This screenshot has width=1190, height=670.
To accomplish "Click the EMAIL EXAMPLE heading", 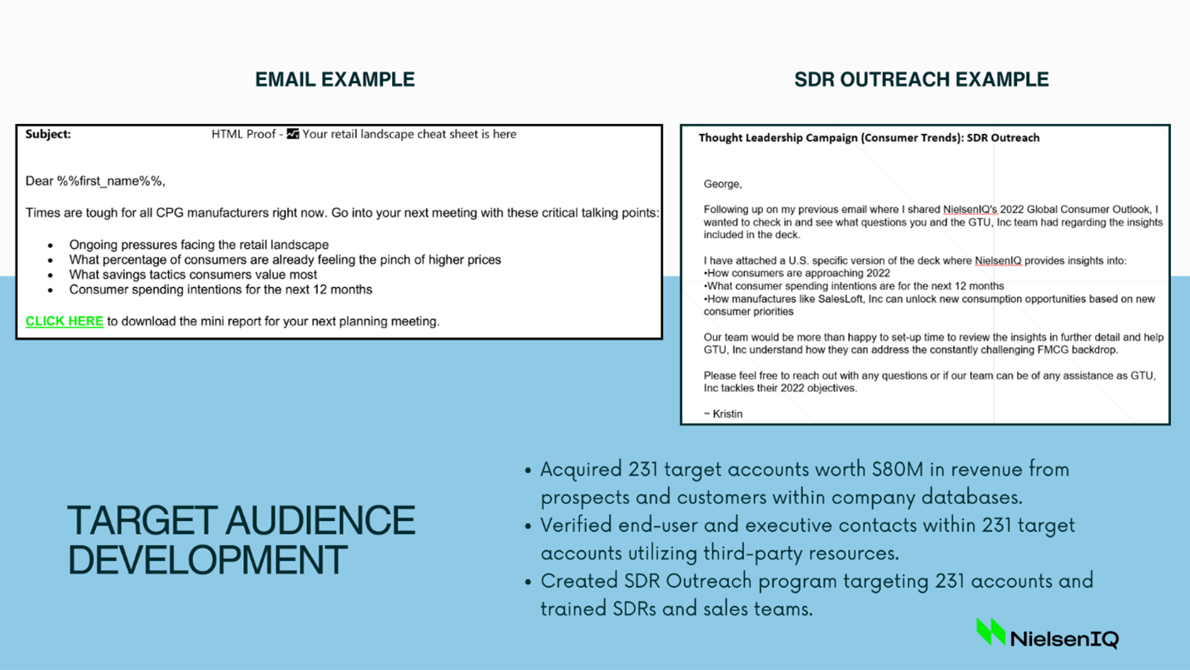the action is pos(335,80).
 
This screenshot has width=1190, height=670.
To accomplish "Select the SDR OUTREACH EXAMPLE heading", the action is pos(921,80).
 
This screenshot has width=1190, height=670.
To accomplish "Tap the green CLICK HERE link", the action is pos(64,321).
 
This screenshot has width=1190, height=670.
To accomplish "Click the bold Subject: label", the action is pos(47,134).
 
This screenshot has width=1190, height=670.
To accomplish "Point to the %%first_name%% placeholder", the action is pos(111,181).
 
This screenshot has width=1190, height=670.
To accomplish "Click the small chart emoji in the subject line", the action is pos(293,134).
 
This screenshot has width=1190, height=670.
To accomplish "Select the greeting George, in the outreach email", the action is pos(722,185).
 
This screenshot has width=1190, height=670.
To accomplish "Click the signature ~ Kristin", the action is pos(723,414).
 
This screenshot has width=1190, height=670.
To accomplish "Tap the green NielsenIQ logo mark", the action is pos(991,631).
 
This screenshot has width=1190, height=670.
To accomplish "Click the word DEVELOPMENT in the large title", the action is pos(208,560).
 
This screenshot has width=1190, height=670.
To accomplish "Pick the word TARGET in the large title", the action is pos(141,520).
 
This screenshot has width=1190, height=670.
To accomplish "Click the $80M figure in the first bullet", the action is pos(897,469).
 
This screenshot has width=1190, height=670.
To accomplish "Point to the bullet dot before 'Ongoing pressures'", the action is pos(51,246).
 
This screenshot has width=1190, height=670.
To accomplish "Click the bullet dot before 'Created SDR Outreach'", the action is pos(528,583).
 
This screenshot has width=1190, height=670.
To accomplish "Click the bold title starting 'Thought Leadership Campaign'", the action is pos(869,138).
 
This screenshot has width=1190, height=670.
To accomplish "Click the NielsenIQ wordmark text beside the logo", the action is pos(1064,638).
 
